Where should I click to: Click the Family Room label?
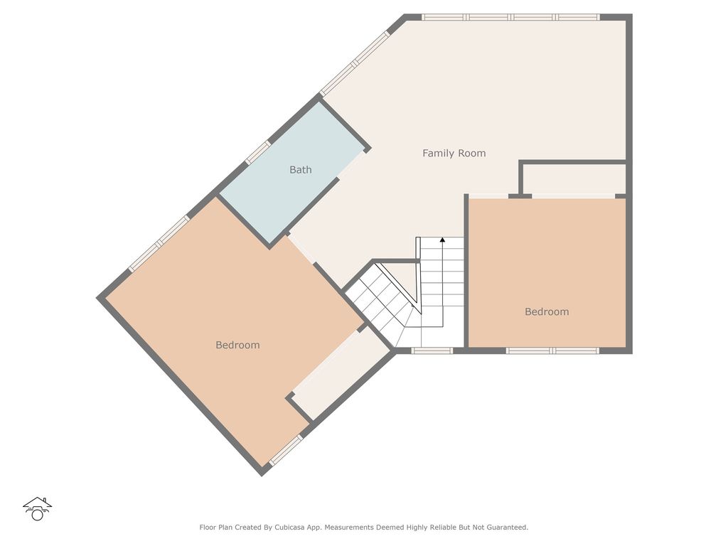coord(454,153)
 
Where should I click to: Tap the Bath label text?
coord(300,170)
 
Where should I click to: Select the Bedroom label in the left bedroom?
coord(237,345)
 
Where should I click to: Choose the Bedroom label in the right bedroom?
coord(547,311)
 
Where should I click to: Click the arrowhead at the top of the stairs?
coord(442,241)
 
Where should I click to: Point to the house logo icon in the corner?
coord(37,508)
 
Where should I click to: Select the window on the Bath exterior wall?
coord(257,151)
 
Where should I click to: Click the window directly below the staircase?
coord(432,350)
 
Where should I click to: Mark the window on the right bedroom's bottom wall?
coord(552,350)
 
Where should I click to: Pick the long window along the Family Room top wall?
coord(510,17)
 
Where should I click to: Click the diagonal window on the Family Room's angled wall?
coord(355,63)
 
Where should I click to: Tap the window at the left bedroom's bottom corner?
coord(286,451)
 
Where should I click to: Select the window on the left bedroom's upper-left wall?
coord(159,243)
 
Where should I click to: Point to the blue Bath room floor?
coord(284,192)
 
